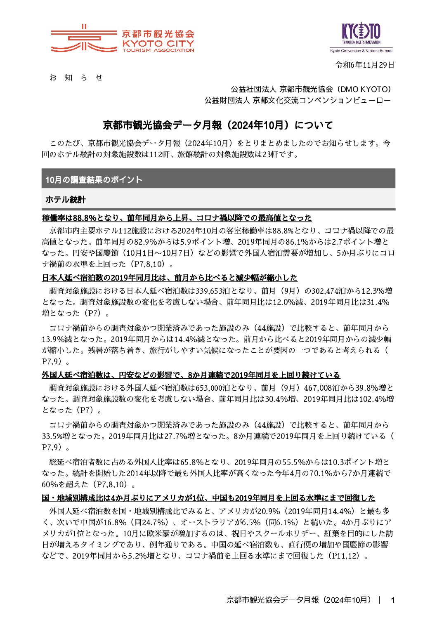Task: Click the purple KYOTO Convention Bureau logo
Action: click(361, 37)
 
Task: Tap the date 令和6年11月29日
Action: click(365, 65)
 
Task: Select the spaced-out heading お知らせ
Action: click(76, 78)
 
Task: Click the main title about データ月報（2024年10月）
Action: click(218, 125)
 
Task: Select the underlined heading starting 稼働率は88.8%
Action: click(177, 218)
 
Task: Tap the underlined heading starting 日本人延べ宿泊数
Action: click(169, 278)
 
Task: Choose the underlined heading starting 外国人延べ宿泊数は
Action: click(191, 375)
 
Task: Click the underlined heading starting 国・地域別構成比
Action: click(208, 498)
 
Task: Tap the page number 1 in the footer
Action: click(392, 600)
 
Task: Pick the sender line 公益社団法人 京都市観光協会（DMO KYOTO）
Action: click(311, 89)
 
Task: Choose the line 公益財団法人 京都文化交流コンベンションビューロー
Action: click(297, 100)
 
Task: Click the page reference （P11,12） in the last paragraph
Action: click(345, 556)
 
